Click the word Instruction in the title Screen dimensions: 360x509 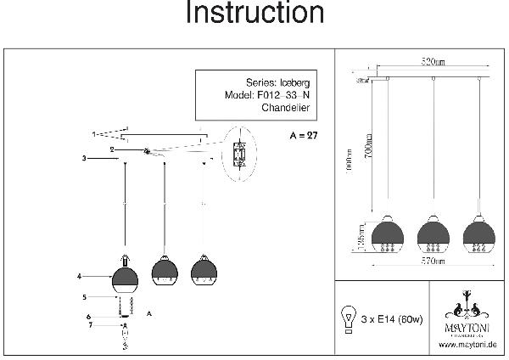coord(254,14)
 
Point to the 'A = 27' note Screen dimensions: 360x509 coord(303,136)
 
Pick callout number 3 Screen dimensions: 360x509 coord(84,159)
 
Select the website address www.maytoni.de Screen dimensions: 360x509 coord(467,345)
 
